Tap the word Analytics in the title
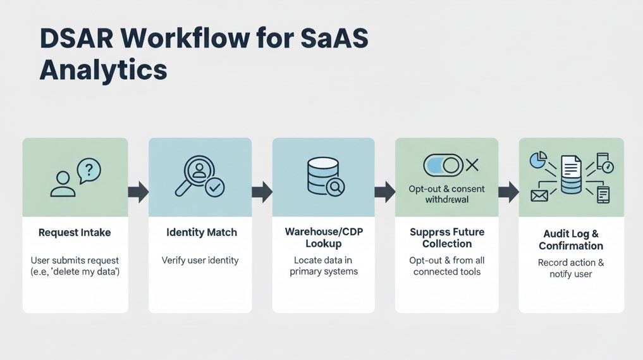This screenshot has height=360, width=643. [103, 69]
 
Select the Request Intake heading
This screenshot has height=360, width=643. [75, 232]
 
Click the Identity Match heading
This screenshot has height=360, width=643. [202, 232]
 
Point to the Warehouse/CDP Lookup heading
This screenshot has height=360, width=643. [323, 237]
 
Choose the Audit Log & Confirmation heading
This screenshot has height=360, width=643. [571, 239]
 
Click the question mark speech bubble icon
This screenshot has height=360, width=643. [88, 170]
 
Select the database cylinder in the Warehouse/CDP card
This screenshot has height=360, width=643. [319, 175]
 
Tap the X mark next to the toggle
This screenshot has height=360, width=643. [472, 166]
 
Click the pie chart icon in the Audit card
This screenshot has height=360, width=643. [538, 160]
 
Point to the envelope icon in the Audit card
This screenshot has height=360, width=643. [539, 196]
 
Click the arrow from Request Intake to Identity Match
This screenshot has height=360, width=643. [138, 191]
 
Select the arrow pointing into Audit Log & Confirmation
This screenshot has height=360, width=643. [508, 191]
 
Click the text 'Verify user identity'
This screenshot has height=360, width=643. [200, 260]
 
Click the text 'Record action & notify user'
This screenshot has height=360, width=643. [571, 268]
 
